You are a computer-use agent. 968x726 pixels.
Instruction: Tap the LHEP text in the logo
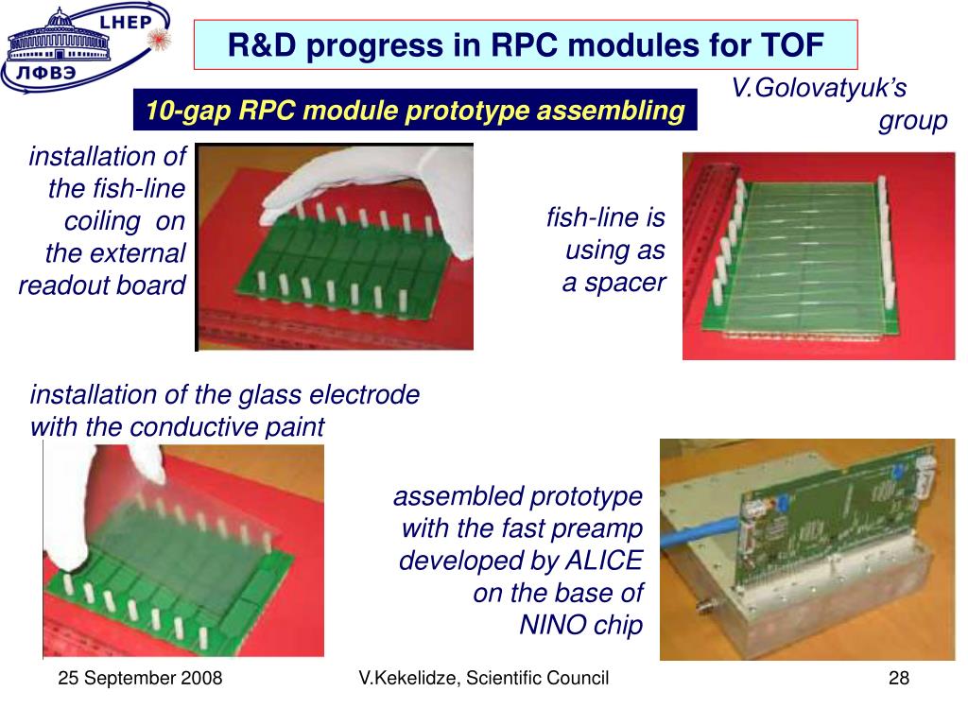point(126,23)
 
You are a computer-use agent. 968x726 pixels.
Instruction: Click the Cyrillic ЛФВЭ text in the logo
point(46,73)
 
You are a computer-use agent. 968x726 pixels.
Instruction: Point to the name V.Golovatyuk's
point(820,88)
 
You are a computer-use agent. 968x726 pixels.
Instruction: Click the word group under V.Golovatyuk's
point(913,121)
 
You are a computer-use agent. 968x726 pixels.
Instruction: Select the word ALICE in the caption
point(604,560)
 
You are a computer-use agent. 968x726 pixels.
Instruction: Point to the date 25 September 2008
point(140,678)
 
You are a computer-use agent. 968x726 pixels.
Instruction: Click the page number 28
point(899,678)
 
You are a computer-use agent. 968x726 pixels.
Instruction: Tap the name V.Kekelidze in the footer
point(408,678)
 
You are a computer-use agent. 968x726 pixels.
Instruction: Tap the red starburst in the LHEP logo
point(159,38)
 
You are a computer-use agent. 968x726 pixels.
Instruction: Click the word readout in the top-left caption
point(67,285)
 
